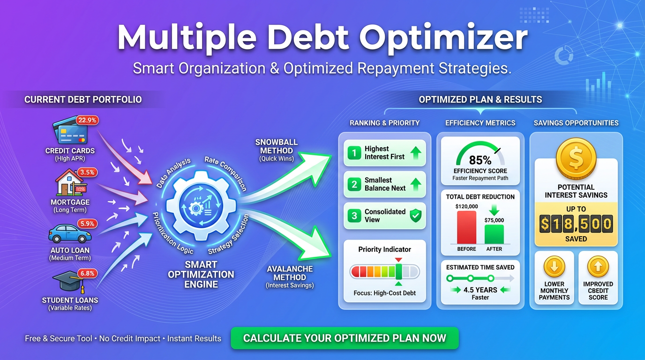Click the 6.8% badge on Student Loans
(x=87, y=273)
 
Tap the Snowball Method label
(x=276, y=150)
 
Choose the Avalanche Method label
(x=290, y=277)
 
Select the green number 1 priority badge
(x=354, y=152)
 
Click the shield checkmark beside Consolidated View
(x=415, y=215)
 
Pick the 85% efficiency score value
(x=480, y=160)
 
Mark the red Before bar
(x=466, y=227)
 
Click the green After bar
(x=494, y=234)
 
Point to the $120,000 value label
(x=466, y=206)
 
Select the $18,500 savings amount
(x=576, y=224)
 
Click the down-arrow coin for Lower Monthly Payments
(x=554, y=267)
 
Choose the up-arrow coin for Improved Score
(x=598, y=267)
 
